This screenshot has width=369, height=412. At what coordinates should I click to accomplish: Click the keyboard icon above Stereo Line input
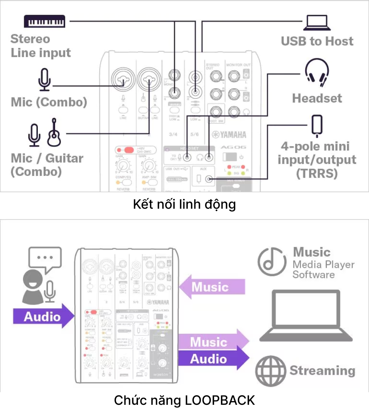click(45, 21)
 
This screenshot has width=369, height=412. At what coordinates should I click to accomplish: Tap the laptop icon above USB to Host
click(317, 22)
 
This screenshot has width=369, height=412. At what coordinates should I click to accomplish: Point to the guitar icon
click(54, 132)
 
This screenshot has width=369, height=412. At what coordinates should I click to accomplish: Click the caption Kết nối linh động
click(184, 204)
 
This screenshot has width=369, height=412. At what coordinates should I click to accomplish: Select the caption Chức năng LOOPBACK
click(184, 400)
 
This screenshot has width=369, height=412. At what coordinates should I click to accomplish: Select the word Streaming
click(322, 371)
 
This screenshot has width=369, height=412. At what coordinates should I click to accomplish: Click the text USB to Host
click(317, 41)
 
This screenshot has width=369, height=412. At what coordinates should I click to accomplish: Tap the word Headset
click(317, 98)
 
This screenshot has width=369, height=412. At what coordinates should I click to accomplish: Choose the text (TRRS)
click(317, 173)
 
